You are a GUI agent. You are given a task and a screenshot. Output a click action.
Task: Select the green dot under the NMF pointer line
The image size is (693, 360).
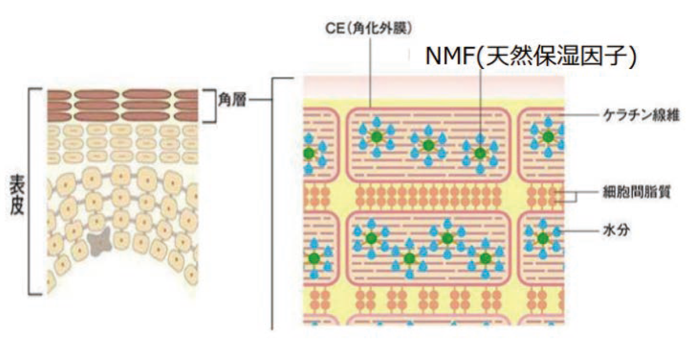click(480, 153)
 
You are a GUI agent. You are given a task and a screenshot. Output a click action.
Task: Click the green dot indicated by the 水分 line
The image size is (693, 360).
click(543, 239)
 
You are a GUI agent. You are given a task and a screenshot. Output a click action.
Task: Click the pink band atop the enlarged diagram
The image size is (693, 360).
click(433, 87)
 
